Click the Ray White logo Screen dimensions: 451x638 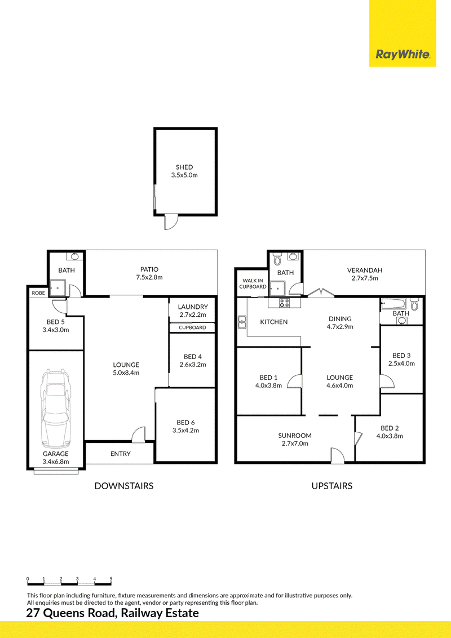[402, 54]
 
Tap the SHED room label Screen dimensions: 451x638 [184, 167]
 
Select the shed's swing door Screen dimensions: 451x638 [171, 222]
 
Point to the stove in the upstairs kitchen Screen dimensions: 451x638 [284, 303]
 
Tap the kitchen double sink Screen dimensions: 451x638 [242, 322]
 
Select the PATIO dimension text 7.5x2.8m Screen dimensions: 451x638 [149, 277]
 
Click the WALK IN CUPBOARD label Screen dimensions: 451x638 [253, 283]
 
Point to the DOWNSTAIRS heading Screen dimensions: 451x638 [123, 486]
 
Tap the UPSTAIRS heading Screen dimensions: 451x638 [331, 486]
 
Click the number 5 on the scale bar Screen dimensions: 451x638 [110, 579]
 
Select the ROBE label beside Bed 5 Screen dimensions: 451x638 [38, 293]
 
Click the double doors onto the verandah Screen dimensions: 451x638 [321, 292]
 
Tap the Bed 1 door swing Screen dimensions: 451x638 [295, 382]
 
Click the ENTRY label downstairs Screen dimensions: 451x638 [121, 454]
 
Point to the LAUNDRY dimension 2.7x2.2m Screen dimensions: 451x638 [193, 315]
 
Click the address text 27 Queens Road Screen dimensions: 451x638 [71, 613]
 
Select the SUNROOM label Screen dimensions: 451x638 [295, 436]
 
